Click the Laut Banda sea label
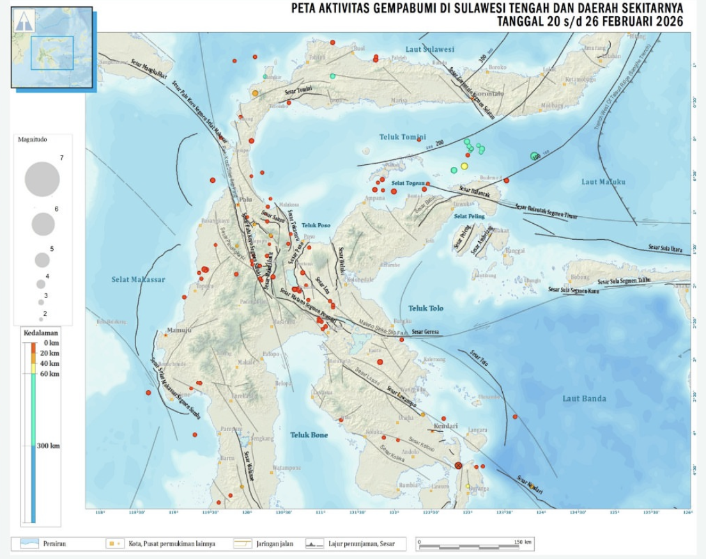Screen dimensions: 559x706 (584, 398)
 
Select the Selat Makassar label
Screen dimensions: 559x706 (139, 279)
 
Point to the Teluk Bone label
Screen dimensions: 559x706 (309, 435)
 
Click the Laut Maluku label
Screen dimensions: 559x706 (603, 182)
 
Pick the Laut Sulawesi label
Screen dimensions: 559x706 (430, 49)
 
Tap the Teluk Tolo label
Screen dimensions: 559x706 (426, 308)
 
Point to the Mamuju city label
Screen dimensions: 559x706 (175, 330)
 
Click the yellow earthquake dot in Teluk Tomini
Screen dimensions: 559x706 (464, 166)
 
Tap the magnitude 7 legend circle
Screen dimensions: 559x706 (42, 179)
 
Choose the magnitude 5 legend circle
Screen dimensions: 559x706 (42, 260)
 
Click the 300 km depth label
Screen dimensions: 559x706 (49, 446)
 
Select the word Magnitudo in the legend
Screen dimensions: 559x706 (32, 139)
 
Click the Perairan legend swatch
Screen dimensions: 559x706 (29, 544)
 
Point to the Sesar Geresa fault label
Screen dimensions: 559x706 (427, 332)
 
